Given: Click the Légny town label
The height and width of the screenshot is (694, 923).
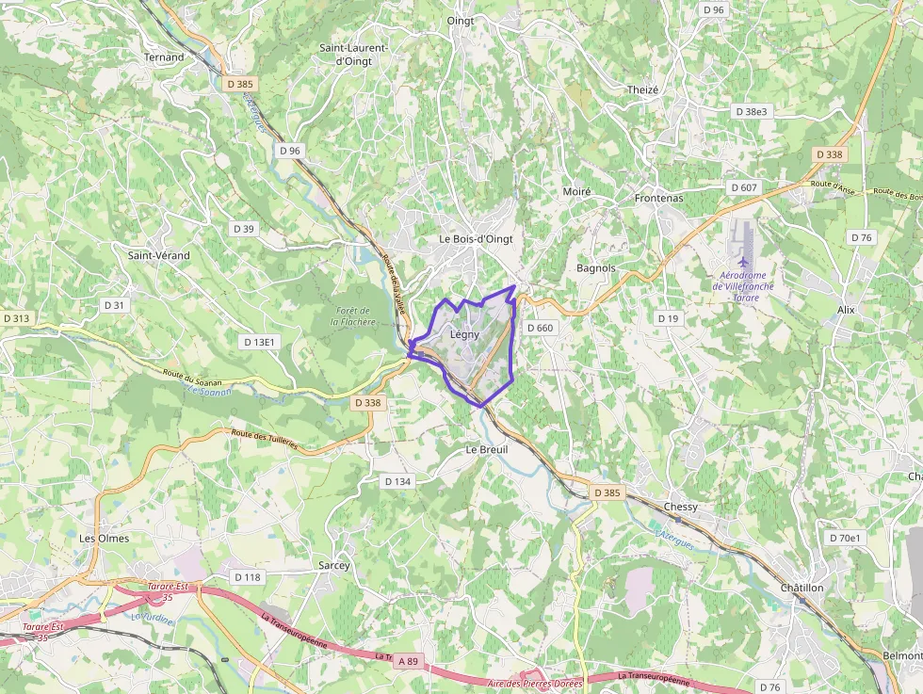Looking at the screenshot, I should pyautogui.click(x=464, y=334).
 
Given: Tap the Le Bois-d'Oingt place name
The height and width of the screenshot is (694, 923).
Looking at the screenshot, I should pyautogui.click(x=477, y=239).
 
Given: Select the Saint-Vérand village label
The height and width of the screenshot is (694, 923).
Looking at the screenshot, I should pyautogui.click(x=158, y=255).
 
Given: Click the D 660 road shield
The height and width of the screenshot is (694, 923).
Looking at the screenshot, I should pyautogui.click(x=541, y=328).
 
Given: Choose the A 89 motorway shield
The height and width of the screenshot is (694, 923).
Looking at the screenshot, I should pyautogui.click(x=407, y=662).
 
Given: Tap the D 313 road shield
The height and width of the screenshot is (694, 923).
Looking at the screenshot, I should pyautogui.click(x=17, y=318).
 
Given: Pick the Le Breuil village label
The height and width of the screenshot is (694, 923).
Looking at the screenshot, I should pyautogui.click(x=487, y=450).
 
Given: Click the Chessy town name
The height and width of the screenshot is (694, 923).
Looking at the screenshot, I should pyautogui.click(x=681, y=507).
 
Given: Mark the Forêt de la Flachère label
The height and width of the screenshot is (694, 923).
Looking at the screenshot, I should pyautogui.click(x=353, y=316).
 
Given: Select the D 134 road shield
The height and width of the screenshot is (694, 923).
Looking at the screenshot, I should pyautogui.click(x=398, y=481).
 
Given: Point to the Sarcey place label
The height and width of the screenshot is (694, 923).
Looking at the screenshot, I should pyautogui.click(x=334, y=566).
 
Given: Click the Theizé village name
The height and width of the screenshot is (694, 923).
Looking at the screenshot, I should pyautogui.click(x=643, y=89).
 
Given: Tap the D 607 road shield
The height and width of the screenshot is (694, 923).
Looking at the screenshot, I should pyautogui.click(x=744, y=187).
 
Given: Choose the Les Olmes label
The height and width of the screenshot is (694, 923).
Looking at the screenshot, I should pyautogui.click(x=105, y=539).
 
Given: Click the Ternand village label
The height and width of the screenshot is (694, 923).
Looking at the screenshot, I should pyautogui.click(x=164, y=57).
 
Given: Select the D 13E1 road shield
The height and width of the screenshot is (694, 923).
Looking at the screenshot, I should pyautogui.click(x=259, y=342).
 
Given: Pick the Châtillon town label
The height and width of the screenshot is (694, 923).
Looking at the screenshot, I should pyautogui.click(x=802, y=588).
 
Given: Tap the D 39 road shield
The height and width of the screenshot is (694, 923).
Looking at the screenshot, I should pyautogui.click(x=244, y=229).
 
